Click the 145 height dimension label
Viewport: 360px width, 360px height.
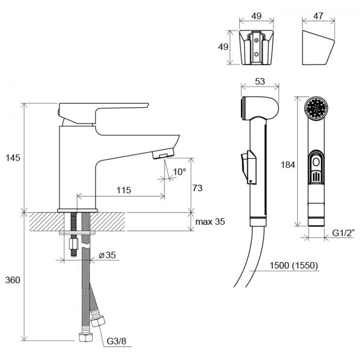click(x=13, y=158)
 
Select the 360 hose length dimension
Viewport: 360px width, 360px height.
click(x=13, y=280)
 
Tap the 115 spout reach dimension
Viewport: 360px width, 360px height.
click(x=124, y=190)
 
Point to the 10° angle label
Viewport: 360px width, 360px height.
click(x=179, y=171)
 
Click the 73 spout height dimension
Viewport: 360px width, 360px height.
click(x=197, y=188)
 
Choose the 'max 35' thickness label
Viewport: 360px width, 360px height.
click(x=210, y=221)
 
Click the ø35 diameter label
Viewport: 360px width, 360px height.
click(x=107, y=255)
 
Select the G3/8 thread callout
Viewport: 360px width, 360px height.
click(x=116, y=341)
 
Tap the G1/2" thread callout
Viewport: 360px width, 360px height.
click(x=343, y=233)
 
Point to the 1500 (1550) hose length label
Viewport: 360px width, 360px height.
click(x=294, y=265)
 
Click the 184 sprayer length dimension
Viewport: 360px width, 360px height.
click(x=288, y=165)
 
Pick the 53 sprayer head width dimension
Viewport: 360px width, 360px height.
click(x=260, y=81)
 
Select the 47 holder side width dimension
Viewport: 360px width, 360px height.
click(x=318, y=16)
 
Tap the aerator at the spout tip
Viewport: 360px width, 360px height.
click(x=163, y=153)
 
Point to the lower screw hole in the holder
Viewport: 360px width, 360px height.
click(x=256, y=54)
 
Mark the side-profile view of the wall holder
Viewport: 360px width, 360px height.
click(x=318, y=48)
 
